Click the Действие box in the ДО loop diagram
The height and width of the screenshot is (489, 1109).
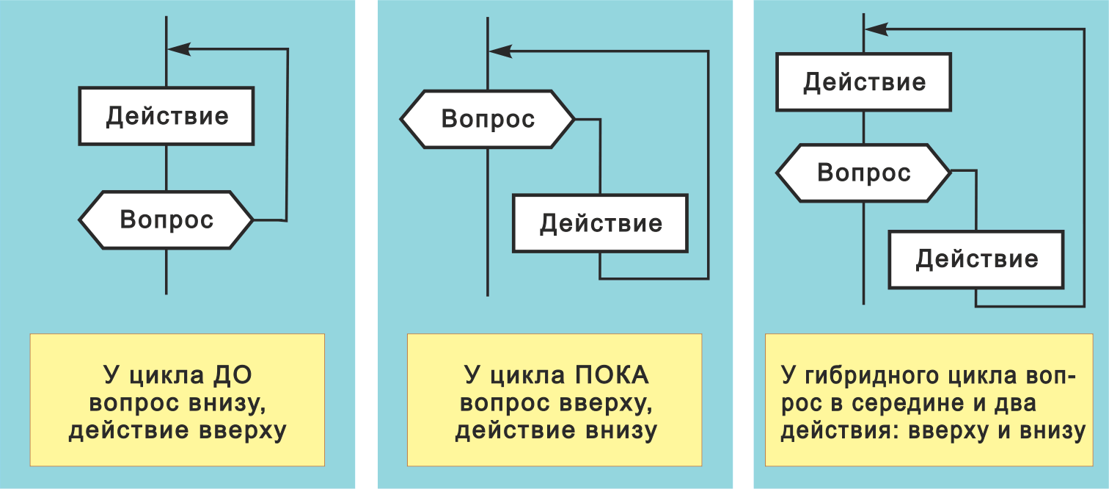coord(166,116)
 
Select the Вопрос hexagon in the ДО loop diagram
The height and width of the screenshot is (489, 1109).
coord(166,220)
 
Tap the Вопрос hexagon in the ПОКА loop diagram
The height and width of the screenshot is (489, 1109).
coord(488,119)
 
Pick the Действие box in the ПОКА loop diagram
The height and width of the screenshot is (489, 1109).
coord(600,223)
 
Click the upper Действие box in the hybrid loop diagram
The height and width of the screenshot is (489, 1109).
coord(864,81)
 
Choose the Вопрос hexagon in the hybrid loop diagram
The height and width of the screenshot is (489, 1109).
coord(864,173)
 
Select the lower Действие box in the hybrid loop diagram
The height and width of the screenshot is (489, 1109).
coord(976,258)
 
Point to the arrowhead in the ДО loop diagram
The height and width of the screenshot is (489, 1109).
coord(179,49)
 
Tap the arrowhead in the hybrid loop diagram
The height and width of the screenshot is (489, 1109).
coord(876,29)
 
